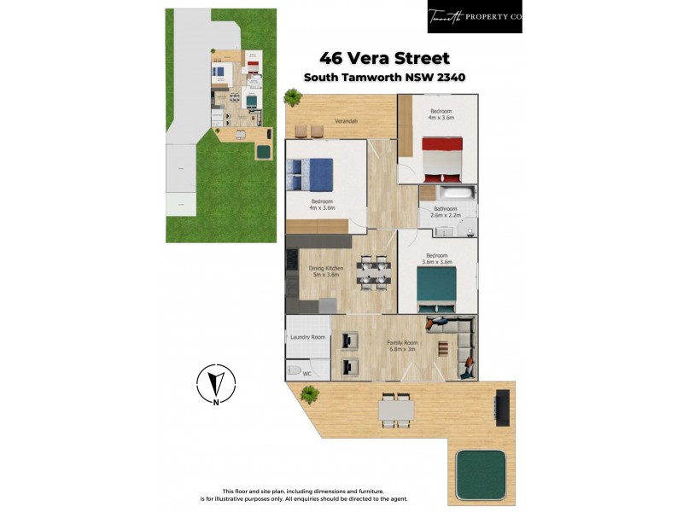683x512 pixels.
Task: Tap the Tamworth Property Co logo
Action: [474, 16]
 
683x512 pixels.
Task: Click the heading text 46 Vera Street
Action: [383, 59]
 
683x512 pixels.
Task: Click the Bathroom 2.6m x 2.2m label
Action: [446, 212]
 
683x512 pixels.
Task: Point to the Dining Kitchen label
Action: [325, 271]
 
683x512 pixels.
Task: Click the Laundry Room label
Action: [307, 337]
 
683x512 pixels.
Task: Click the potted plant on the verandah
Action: [293, 98]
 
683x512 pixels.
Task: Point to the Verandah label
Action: [346, 121]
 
